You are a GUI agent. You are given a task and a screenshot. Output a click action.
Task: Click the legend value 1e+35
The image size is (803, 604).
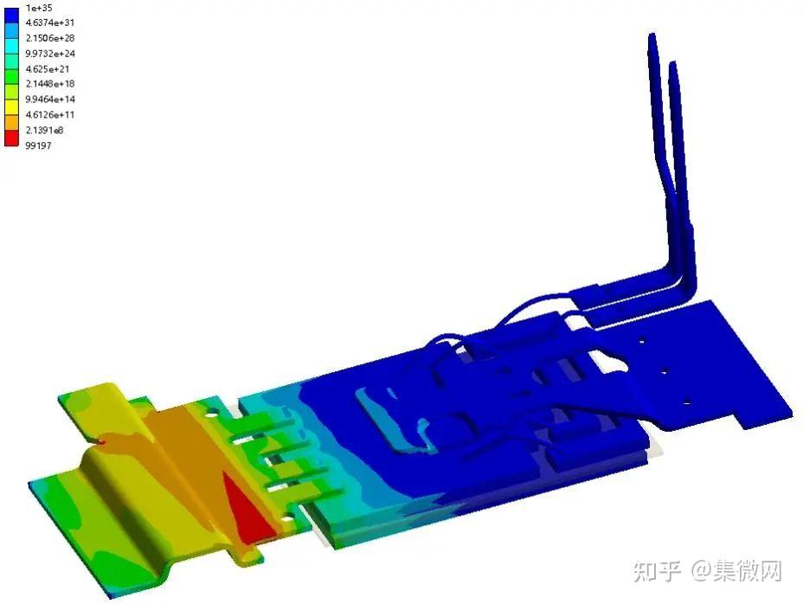[x=39, y=8]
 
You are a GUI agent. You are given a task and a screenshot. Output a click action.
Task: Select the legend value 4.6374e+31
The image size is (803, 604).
[x=49, y=22]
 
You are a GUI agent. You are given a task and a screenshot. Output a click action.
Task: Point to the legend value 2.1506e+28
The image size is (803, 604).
[x=49, y=38]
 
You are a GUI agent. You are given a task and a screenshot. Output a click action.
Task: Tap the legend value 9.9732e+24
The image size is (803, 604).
[x=49, y=54]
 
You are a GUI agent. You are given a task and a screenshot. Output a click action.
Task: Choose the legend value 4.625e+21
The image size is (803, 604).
[x=47, y=68]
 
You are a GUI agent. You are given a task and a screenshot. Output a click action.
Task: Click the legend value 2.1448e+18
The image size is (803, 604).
[x=49, y=84]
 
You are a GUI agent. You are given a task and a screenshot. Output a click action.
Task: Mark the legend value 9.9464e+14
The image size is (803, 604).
[x=49, y=99]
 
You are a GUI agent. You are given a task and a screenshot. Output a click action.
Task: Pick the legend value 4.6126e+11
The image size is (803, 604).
[x=49, y=114]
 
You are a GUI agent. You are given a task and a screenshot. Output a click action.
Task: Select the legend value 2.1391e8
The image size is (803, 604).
[x=44, y=130]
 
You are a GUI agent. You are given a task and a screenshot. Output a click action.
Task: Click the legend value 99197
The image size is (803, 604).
[x=38, y=145]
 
